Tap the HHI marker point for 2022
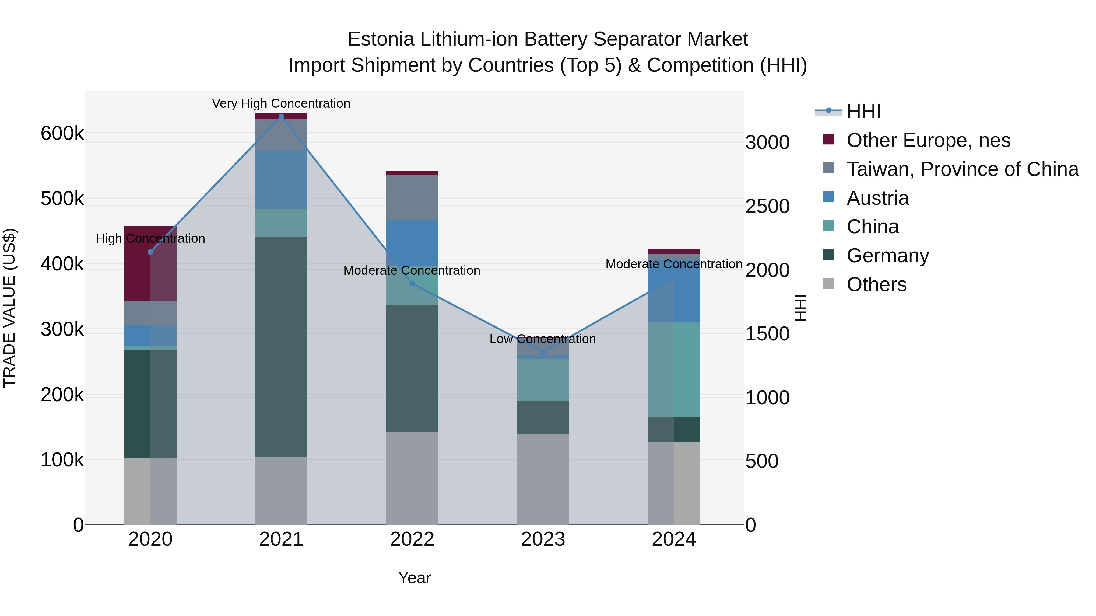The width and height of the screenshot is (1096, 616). click(x=412, y=284)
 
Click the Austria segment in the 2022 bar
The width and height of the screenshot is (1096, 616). click(x=412, y=243)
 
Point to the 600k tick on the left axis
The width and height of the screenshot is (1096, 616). click(x=62, y=134)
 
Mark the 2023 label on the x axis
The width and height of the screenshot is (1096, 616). click(x=543, y=539)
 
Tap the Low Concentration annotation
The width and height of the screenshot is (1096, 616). click(x=543, y=339)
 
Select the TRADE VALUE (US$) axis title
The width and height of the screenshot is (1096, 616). click(x=9, y=308)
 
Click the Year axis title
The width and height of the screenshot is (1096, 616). click(x=414, y=578)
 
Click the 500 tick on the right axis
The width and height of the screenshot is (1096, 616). click(x=762, y=461)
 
